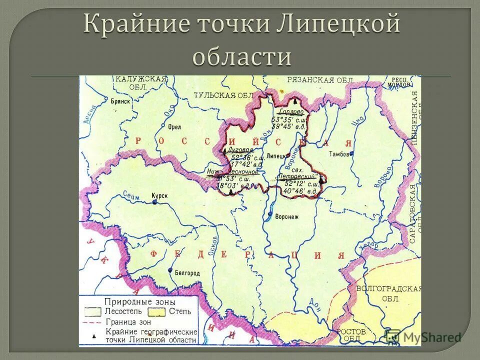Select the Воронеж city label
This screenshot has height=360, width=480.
(x=286, y=216)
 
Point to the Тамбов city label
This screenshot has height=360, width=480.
(x=339, y=154)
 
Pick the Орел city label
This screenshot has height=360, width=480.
(x=174, y=127)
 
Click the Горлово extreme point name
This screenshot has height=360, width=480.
(x=291, y=112)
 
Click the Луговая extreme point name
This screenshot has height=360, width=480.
(x=240, y=149)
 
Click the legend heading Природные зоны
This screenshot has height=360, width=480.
(x=139, y=302)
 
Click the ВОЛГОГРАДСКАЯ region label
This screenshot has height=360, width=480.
(x=389, y=289)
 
